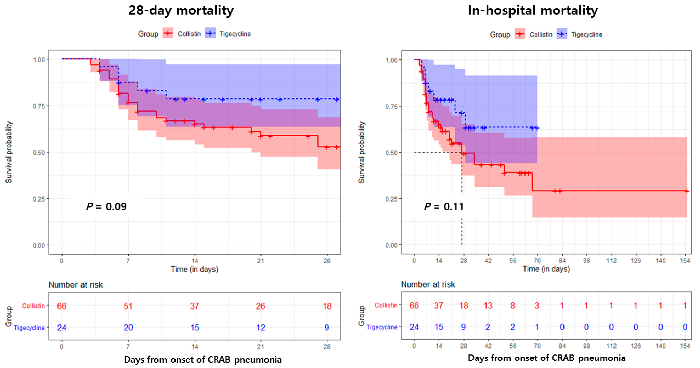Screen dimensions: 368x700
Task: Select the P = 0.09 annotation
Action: point(106,207)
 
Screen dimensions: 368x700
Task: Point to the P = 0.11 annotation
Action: point(444,207)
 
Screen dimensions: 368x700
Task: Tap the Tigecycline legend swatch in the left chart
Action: point(210,33)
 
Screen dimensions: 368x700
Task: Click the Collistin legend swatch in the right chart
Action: point(520,34)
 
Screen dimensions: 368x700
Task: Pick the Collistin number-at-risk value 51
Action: point(128,306)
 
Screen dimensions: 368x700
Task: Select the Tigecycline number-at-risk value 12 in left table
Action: point(261,328)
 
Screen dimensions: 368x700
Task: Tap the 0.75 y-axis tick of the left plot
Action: point(39,106)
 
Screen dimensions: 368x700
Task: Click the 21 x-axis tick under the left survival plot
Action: point(261,261)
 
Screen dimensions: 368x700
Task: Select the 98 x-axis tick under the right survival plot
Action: point(586,261)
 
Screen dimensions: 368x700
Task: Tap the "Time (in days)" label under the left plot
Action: point(194,269)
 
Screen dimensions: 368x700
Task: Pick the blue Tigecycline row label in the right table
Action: point(382,327)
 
